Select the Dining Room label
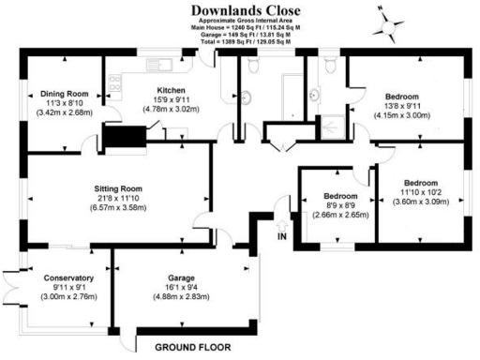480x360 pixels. (x=63, y=93)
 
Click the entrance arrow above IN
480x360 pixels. (x=282, y=226)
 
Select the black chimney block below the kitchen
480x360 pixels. (x=120, y=140)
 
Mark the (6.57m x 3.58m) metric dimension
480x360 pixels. (x=118, y=207)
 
